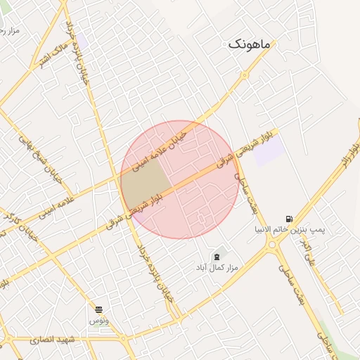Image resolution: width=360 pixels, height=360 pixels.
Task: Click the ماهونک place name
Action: (249, 44)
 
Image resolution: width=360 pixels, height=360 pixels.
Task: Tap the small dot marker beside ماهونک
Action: (274, 44)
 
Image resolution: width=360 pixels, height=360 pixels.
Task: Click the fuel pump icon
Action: (289, 219)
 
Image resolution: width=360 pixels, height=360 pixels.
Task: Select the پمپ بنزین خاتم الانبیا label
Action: (290, 230)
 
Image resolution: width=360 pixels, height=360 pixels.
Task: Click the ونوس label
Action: (98, 320)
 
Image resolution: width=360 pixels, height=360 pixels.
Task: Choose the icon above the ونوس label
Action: (98, 309)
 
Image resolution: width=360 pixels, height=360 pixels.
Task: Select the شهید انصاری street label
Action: (52, 340)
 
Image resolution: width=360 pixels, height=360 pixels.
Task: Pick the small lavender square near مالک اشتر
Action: (82, 41)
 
